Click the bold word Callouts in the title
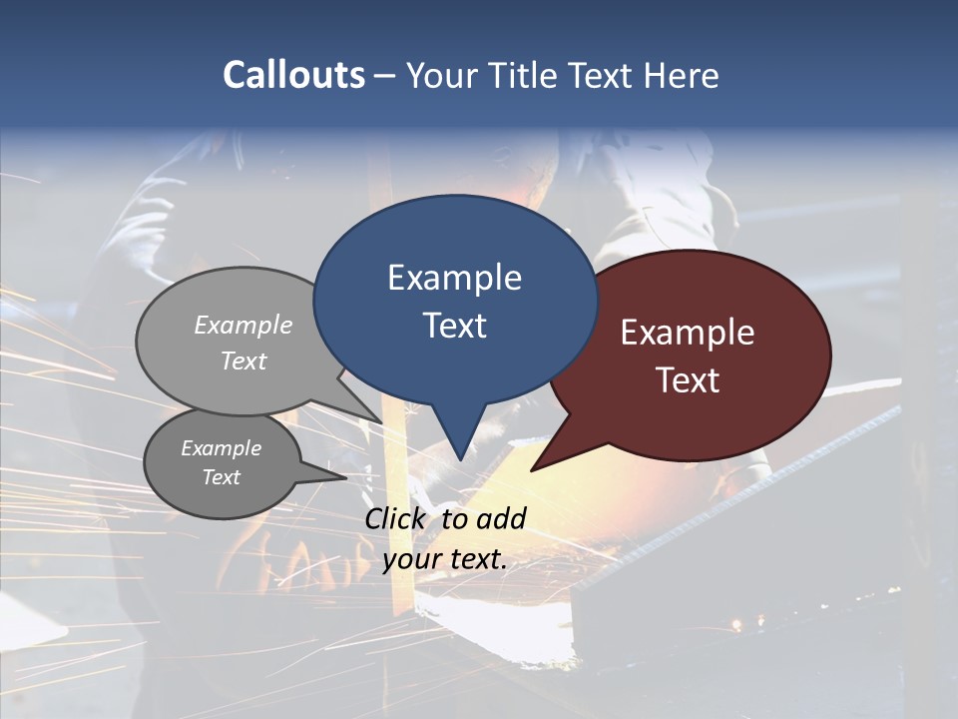click(293, 75)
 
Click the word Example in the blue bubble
click(454, 278)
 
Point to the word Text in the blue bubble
click(454, 326)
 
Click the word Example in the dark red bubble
click(688, 333)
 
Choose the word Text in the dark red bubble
click(688, 380)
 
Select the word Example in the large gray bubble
click(243, 325)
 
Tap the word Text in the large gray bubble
click(243, 360)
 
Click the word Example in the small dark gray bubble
click(222, 448)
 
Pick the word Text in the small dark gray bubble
click(222, 477)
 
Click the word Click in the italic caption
click(396, 518)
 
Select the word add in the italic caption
click(501, 518)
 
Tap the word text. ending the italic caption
click(478, 559)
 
